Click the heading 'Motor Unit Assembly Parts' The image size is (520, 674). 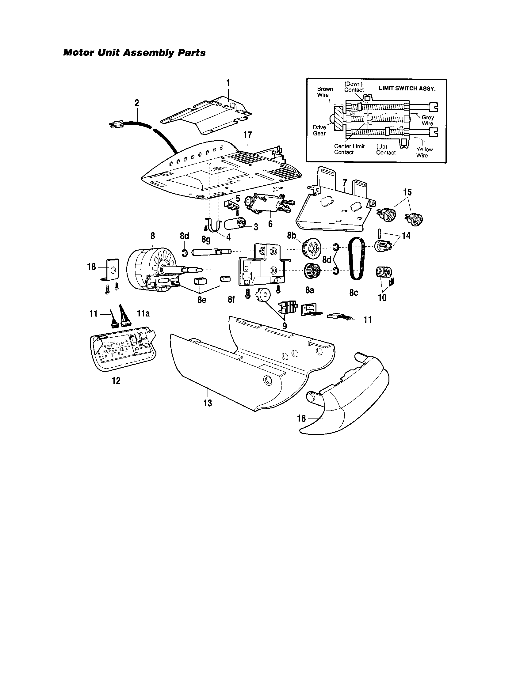tap(134, 53)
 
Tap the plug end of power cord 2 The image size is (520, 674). tap(116, 124)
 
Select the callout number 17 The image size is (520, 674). tap(247, 135)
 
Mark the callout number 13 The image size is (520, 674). tap(208, 403)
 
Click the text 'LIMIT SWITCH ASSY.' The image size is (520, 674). tap(407, 88)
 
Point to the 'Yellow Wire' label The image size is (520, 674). tap(424, 152)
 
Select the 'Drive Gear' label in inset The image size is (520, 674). tap(319, 130)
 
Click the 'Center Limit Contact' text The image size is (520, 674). tap(349, 149)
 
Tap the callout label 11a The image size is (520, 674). tap(143, 313)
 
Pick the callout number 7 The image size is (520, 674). tap(345, 183)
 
